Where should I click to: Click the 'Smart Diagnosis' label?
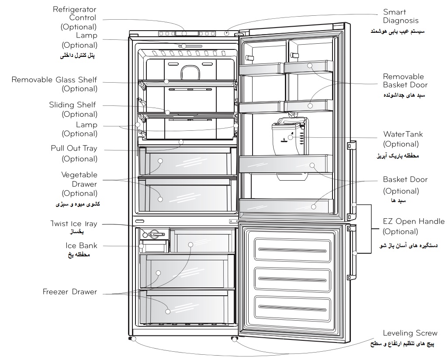pyautogui.click(x=401, y=16)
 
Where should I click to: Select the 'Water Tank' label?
pyautogui.click(x=403, y=134)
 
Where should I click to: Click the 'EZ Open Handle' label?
pyautogui.click(x=414, y=221)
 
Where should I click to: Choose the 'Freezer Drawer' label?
pyautogui.click(x=70, y=292)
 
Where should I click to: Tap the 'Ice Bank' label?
pyautogui.click(x=82, y=245)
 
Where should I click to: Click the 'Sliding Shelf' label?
pyautogui.click(x=73, y=105)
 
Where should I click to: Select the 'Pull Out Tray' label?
pyautogui.click(x=74, y=148)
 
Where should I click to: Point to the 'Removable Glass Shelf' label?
pyautogui.click(x=54, y=80)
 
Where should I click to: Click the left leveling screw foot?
pyautogui.click(x=132, y=339)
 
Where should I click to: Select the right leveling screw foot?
pyautogui.click(x=234, y=339)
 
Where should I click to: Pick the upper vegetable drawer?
pyautogui.click(x=187, y=161)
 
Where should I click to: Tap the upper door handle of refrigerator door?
pyautogui.click(x=352, y=180)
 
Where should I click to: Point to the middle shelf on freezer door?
pyautogui.click(x=292, y=279)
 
